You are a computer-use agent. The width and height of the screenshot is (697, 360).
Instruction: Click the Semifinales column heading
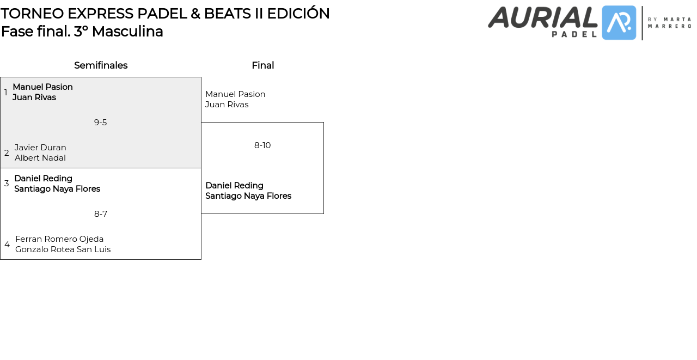tap(101, 65)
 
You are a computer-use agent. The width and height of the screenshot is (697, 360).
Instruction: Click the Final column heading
tap(262, 65)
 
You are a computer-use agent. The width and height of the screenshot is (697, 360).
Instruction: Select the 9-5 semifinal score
tap(100, 123)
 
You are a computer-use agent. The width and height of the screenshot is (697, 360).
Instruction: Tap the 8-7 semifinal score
tap(100, 214)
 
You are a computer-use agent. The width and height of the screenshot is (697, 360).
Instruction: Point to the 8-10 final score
tap(262, 145)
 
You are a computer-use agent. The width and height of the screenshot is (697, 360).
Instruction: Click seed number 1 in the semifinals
tap(6, 93)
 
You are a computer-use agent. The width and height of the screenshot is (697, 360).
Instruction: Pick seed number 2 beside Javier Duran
tap(7, 153)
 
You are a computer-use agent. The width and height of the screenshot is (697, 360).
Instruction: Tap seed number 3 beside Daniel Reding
tap(7, 184)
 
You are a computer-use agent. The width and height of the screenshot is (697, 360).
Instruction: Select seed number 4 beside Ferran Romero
tap(7, 245)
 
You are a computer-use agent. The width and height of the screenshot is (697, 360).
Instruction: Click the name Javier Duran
tap(40, 148)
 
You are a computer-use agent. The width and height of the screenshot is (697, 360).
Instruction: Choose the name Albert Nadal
tap(40, 158)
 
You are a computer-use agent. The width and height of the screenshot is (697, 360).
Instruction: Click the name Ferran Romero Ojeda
tap(59, 239)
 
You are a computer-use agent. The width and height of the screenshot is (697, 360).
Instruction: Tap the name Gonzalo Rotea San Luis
tap(63, 249)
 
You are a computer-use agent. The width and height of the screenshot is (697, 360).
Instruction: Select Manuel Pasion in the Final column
tap(235, 94)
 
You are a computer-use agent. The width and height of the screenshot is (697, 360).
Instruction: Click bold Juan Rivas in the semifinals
tap(34, 97)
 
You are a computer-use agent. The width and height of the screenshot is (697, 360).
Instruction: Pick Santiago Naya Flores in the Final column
tap(248, 196)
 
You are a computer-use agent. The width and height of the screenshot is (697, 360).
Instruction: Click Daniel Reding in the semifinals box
tap(43, 179)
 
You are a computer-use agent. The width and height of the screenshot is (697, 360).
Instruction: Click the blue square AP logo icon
tap(619, 23)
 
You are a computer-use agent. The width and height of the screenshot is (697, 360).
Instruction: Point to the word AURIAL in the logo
tap(542, 17)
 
